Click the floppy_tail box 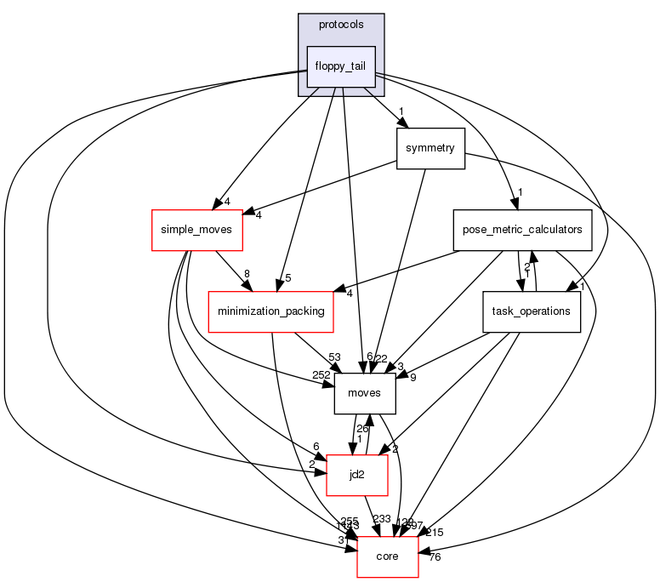coord(341,66)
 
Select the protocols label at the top coord(341,24)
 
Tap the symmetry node coord(430,148)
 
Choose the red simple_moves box coord(197,230)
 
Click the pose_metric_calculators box coord(522,230)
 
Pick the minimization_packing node coord(271,311)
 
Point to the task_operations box coord(532,311)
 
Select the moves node coord(365,393)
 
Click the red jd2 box coord(357,474)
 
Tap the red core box coord(387,556)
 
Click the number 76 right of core coord(435,558)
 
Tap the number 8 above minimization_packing coord(247,274)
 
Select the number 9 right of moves coord(412,377)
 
